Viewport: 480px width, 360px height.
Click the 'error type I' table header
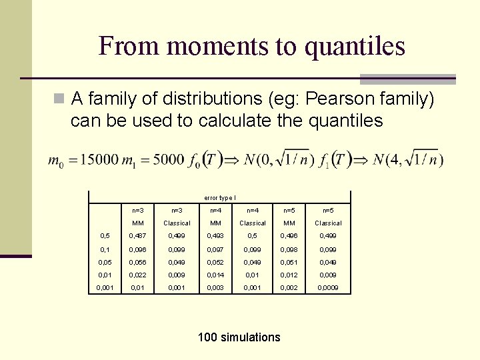(x=219, y=197)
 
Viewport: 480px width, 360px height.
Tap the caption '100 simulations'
(x=239, y=337)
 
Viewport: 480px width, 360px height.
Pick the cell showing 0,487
(x=139, y=235)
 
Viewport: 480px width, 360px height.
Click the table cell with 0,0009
(x=328, y=287)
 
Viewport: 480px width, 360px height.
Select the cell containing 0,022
(x=139, y=275)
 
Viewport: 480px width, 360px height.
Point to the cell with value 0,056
(x=139, y=262)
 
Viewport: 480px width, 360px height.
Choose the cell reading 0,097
(x=215, y=249)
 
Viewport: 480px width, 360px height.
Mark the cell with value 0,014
(x=215, y=275)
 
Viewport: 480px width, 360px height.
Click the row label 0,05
(x=105, y=262)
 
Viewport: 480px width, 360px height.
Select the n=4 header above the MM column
(x=215, y=210)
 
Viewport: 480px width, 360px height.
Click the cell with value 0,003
(x=215, y=287)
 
